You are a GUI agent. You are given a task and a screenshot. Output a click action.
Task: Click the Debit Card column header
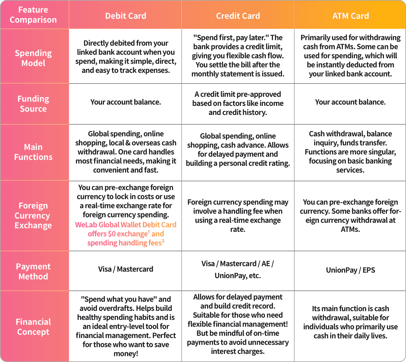click(126, 16)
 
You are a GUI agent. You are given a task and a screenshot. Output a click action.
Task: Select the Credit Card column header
click(238, 16)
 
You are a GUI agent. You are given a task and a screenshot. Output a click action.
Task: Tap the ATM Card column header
click(351, 16)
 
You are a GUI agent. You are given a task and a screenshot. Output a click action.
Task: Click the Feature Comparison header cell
click(33, 15)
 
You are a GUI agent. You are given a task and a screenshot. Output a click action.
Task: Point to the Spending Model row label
click(33, 58)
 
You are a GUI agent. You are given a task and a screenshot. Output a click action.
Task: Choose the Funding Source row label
click(33, 104)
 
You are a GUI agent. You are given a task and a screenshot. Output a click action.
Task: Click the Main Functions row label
click(33, 152)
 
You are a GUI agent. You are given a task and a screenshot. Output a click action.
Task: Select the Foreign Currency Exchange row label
click(33, 216)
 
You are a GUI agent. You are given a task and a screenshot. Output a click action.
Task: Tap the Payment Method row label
click(33, 271)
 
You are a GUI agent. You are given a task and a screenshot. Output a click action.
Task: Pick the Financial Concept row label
click(33, 327)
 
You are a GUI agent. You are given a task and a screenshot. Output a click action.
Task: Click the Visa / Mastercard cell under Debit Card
click(126, 269)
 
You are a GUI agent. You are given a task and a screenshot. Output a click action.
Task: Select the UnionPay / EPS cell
click(350, 270)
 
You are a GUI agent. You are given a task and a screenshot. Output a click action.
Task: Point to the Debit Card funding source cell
click(126, 102)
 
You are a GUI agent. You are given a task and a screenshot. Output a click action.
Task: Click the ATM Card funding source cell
click(350, 102)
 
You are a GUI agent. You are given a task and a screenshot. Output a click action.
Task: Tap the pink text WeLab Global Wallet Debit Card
click(126, 225)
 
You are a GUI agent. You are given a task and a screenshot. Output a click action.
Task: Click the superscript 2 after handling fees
click(163, 241)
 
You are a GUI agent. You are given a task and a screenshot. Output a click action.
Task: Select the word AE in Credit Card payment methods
click(266, 264)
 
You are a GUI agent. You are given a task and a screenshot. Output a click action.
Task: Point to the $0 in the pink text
click(112, 234)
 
